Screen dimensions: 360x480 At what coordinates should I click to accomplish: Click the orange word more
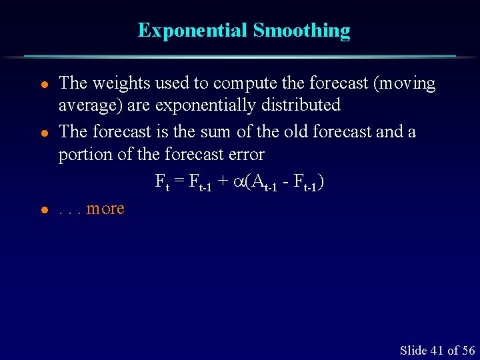pyautogui.click(x=105, y=209)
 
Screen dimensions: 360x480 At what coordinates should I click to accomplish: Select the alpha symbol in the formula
pyautogui.click(x=239, y=181)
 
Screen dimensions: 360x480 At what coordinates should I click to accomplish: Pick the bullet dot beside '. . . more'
pyautogui.click(x=43, y=210)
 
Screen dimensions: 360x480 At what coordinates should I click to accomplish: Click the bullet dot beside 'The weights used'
pyautogui.click(x=43, y=85)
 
